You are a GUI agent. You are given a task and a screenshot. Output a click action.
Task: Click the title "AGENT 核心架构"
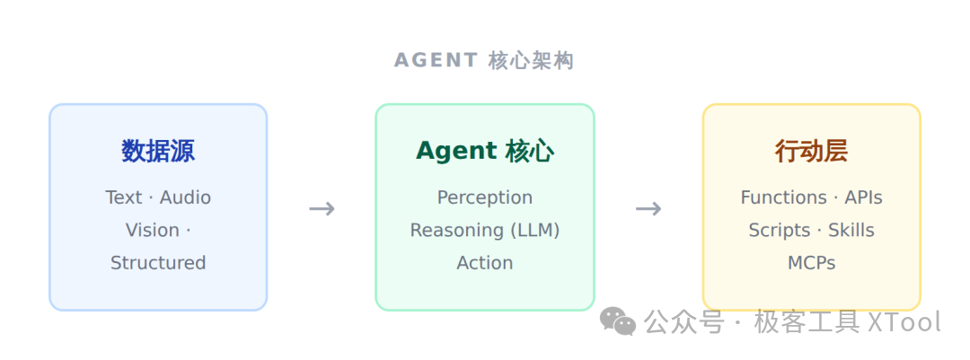coord(484,61)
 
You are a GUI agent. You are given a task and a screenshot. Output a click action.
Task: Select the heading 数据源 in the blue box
coord(158,151)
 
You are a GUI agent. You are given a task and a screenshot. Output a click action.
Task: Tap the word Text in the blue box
coord(124,198)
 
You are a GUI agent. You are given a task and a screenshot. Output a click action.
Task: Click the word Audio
coord(186,198)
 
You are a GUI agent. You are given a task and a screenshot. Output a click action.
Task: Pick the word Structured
coord(158,263)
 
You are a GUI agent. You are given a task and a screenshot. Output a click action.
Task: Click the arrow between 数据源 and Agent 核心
coord(322,208)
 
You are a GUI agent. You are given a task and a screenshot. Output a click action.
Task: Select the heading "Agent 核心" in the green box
coord(484,151)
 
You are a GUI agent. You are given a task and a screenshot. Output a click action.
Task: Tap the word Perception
coord(484,198)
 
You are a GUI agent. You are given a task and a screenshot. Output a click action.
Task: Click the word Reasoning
coord(456,231)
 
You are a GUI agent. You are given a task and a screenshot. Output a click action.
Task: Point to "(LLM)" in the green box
coord(535,230)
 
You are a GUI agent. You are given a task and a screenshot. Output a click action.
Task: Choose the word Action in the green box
coord(484,263)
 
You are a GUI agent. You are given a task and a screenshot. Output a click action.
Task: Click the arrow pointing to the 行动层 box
coord(648,208)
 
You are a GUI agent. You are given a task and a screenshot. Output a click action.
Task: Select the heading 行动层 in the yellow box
coord(811,151)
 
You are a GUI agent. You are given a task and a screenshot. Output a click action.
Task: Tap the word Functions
coord(783,198)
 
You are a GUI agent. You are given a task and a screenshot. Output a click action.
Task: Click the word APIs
coord(864,198)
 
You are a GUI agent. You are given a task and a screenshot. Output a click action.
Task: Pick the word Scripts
coord(779,231)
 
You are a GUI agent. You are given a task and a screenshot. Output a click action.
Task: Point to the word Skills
coord(851,230)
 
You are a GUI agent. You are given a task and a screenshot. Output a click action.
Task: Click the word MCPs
coord(811,263)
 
